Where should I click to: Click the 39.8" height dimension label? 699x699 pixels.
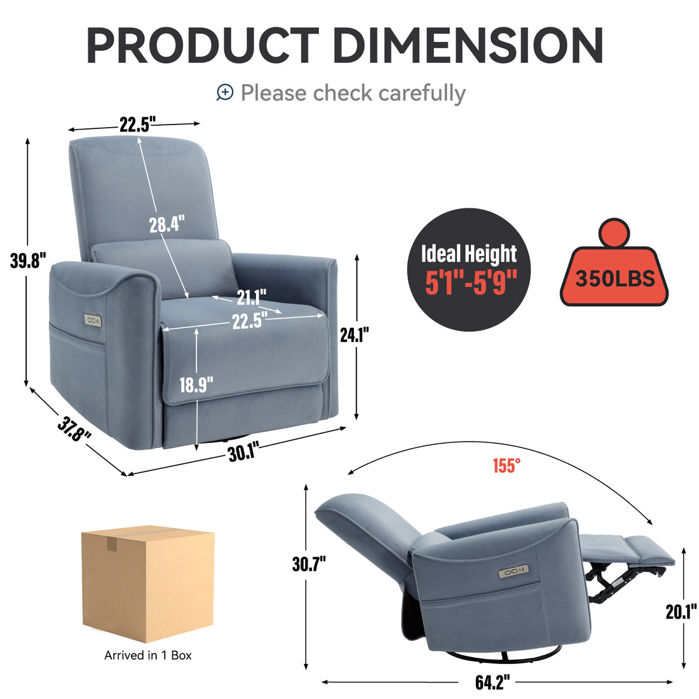pyautogui.click(x=29, y=261)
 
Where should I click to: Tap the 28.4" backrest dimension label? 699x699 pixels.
pyautogui.click(x=166, y=224)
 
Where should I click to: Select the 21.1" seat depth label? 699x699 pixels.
pyautogui.click(x=252, y=296)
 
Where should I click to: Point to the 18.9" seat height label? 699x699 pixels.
pyautogui.click(x=196, y=385)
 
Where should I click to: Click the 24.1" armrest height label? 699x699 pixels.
pyautogui.click(x=354, y=334)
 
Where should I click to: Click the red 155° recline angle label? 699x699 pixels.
pyautogui.click(x=506, y=466)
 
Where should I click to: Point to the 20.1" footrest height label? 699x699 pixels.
pyautogui.click(x=681, y=612)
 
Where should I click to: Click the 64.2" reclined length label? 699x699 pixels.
pyautogui.click(x=493, y=683)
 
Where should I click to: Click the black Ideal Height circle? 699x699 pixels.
pyautogui.click(x=469, y=269)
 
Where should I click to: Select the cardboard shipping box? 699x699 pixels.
pyautogui.click(x=147, y=583)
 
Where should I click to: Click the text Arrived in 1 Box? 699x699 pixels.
pyautogui.click(x=147, y=655)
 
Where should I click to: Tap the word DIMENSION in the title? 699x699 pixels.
pyautogui.click(x=468, y=46)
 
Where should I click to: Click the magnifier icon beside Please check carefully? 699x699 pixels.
pyautogui.click(x=225, y=93)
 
